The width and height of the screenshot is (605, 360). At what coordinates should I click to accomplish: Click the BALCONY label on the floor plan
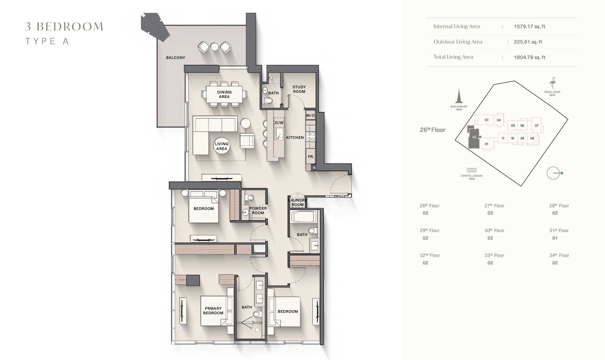pyautogui.click(x=176, y=57)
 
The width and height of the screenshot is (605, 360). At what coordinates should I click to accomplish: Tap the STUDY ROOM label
pyautogui.click(x=299, y=89)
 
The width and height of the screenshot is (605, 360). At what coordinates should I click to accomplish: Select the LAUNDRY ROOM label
pyautogui.click(x=298, y=202)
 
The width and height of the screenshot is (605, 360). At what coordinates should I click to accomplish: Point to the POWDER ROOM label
pyautogui.click(x=258, y=211)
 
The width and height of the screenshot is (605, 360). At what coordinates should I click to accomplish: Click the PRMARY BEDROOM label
pyautogui.click(x=213, y=311)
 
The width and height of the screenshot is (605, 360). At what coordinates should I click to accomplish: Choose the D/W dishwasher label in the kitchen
pyautogui.click(x=279, y=123)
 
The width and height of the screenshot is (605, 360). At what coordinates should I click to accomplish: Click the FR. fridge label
pyautogui.click(x=311, y=157)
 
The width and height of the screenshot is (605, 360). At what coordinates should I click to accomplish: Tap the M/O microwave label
pyautogui.click(x=310, y=116)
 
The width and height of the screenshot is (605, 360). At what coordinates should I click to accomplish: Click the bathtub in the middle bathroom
pyautogui.click(x=303, y=217)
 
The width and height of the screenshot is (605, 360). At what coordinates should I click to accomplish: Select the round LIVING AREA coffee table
pyautogui.click(x=222, y=146)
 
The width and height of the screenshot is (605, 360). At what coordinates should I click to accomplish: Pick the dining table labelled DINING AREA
pyautogui.click(x=224, y=94)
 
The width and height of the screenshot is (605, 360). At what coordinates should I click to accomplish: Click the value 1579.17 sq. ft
pyautogui.click(x=529, y=27)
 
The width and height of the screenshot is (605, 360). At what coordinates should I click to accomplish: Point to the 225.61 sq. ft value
pyautogui.click(x=528, y=42)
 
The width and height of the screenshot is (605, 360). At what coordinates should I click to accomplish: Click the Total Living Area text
pyautogui.click(x=453, y=57)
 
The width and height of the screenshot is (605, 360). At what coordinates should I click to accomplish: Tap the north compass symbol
pyautogui.click(x=554, y=173)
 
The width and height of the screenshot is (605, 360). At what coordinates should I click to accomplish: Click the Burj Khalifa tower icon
pyautogui.click(x=459, y=97)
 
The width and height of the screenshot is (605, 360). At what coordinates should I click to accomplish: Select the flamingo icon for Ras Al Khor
pyautogui.click(x=552, y=83)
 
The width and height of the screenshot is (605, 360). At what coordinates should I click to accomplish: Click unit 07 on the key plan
pyautogui.click(x=537, y=126)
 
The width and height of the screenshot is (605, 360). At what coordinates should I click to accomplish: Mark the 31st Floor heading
pyautogui.click(x=559, y=231)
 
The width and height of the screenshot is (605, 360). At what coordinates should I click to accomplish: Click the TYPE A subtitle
pyautogui.click(x=47, y=41)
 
